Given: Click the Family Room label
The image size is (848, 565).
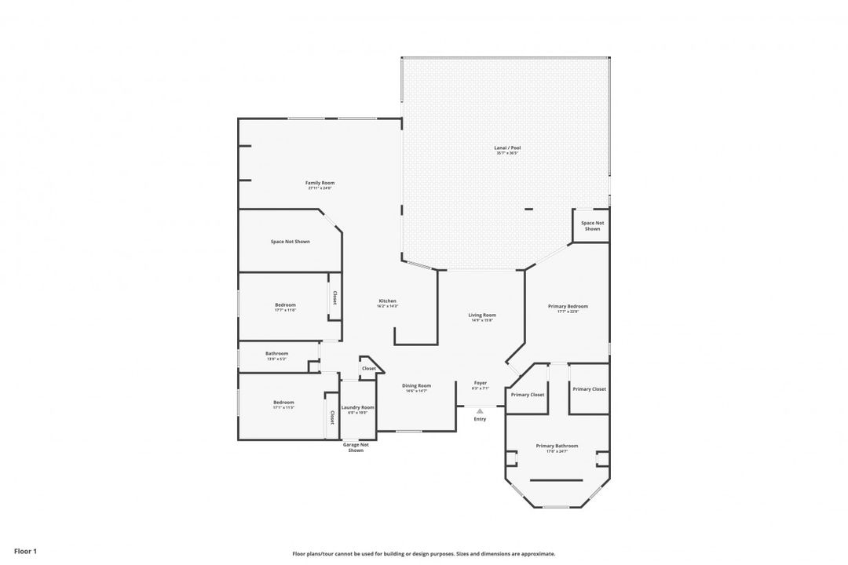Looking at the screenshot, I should [x=320, y=183].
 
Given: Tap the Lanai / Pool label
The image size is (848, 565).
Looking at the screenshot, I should [x=508, y=148].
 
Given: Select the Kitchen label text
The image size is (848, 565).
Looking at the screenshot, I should [x=387, y=301].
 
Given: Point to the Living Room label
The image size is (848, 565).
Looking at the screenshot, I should [x=482, y=315].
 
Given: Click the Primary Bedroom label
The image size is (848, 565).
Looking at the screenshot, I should [x=568, y=306].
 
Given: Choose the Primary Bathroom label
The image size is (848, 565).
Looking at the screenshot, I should [x=557, y=446].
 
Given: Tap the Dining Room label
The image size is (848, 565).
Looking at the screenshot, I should [x=416, y=385].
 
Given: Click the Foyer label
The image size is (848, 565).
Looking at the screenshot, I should [x=480, y=383].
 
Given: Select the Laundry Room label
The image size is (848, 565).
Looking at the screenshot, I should [x=357, y=407].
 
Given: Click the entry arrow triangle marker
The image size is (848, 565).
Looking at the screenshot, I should [x=480, y=410].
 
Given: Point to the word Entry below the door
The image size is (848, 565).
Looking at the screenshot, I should [x=480, y=419].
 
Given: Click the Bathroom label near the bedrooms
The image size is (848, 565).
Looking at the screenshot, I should [x=276, y=353].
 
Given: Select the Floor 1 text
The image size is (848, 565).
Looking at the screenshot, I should [x=25, y=551].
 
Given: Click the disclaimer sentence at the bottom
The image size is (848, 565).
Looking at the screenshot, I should [x=423, y=553].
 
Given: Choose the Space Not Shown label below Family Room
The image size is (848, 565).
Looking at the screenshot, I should [x=290, y=242].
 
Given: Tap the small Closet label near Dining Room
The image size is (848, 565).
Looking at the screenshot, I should [x=368, y=368].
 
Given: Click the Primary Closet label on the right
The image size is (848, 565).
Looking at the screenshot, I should [x=589, y=389].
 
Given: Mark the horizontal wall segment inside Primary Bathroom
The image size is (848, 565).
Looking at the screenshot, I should [x=557, y=480].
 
